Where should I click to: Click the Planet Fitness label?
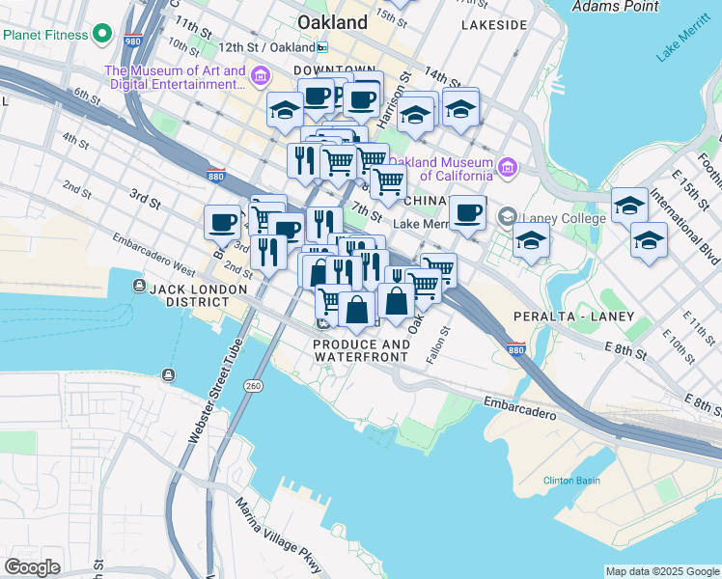45,35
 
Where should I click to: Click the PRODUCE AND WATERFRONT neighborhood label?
361,351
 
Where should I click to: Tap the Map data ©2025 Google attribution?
662,571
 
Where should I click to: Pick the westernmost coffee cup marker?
222,222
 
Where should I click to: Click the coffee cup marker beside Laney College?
467,213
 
